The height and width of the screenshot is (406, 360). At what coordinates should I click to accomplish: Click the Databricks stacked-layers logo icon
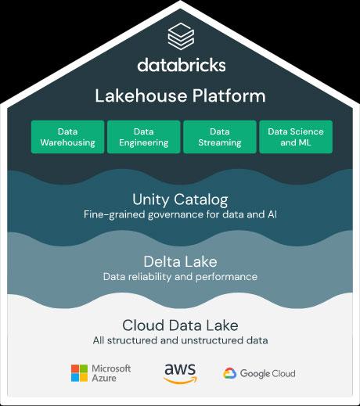coord(181,36)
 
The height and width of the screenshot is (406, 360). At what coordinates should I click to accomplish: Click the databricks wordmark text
coord(182,65)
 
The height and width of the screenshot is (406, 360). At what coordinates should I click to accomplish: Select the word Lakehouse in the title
coord(141,95)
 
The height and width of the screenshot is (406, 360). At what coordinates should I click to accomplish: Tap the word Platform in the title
coord(229,95)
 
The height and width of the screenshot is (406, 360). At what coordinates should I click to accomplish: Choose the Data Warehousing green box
coord(67,137)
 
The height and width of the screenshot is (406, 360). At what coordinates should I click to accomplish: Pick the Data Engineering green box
coord(144,137)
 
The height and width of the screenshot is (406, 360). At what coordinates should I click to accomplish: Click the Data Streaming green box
coord(220,137)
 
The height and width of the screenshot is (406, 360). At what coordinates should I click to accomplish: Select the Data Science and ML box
coord(296,137)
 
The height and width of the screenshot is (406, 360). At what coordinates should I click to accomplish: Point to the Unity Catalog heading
coord(180,200)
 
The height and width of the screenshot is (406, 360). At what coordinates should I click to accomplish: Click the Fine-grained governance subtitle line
coord(180,214)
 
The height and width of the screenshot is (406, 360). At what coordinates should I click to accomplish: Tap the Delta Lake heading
coord(180,261)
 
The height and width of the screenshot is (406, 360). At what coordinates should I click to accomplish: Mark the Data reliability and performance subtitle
coord(180,277)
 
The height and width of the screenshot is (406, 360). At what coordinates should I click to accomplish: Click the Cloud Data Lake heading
coord(180,325)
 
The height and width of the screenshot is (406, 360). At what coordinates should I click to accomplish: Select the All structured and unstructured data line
coord(180,340)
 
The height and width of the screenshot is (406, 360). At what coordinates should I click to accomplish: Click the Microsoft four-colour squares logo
coord(79,373)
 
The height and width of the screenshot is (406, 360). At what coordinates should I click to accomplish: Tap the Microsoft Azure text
coord(111,373)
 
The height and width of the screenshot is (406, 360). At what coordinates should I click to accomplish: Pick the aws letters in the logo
coord(180,369)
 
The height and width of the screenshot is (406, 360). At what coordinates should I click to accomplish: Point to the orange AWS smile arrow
coord(181,380)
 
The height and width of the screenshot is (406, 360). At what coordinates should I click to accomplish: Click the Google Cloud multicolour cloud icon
coord(230,373)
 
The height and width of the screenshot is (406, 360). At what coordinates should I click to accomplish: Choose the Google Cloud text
coord(268,373)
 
